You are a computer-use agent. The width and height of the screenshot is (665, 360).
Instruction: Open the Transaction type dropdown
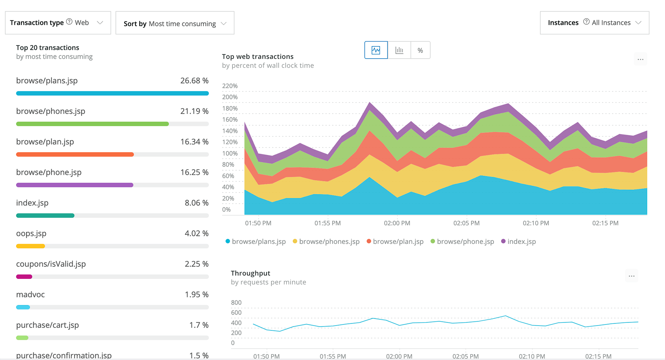point(57,23)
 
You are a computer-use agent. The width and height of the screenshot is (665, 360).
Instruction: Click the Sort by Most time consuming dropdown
point(175,23)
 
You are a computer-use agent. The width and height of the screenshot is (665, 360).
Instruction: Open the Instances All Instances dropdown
point(594,23)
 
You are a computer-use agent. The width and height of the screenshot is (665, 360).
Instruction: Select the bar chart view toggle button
point(399,50)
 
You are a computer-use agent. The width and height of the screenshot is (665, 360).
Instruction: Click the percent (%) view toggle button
point(420,50)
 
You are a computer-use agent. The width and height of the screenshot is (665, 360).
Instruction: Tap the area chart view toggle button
point(376,50)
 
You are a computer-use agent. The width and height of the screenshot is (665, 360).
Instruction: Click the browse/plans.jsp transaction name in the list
point(47,81)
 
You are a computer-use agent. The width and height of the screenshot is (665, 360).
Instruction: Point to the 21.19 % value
point(194,111)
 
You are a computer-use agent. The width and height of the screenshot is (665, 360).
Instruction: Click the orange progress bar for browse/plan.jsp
point(75,155)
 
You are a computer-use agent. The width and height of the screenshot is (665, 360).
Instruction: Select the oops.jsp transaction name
point(31,234)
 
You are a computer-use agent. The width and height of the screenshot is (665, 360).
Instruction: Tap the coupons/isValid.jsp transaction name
point(51,264)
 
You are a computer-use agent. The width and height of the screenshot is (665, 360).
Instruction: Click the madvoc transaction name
point(30,295)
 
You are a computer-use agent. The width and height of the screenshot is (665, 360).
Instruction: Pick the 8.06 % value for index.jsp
point(196,203)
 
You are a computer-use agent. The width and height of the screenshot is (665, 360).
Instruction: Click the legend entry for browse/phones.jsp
point(329,242)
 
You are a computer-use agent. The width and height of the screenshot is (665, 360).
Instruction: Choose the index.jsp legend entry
point(521,242)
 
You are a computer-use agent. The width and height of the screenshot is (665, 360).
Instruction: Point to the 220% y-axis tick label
point(230,86)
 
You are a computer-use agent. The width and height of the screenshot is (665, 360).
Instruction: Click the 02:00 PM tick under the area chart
point(397,223)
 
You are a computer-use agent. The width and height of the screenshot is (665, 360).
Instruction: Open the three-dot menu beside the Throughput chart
point(631,276)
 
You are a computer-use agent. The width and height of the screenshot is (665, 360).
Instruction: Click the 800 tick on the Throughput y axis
point(236,302)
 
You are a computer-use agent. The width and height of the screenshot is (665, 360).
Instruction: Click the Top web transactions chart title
point(258,56)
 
